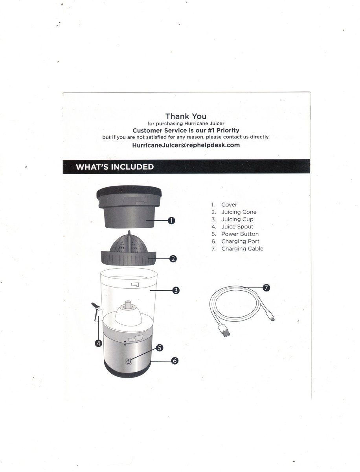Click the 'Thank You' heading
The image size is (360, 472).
(x=186, y=116)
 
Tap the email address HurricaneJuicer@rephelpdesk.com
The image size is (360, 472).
(x=186, y=145)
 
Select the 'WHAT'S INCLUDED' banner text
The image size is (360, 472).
(x=114, y=167)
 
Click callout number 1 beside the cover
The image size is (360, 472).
(x=171, y=221)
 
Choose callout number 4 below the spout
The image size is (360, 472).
(x=98, y=343)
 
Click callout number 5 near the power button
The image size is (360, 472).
(x=159, y=348)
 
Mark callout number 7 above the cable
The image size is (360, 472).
(x=266, y=288)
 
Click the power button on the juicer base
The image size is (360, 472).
(x=129, y=362)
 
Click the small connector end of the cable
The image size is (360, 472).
(x=271, y=319)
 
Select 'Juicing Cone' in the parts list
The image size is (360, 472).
(x=239, y=212)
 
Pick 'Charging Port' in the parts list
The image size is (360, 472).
(x=240, y=241)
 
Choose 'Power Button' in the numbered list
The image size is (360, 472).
(x=240, y=234)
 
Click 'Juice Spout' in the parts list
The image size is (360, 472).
(x=237, y=227)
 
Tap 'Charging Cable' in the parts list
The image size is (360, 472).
(x=242, y=249)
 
